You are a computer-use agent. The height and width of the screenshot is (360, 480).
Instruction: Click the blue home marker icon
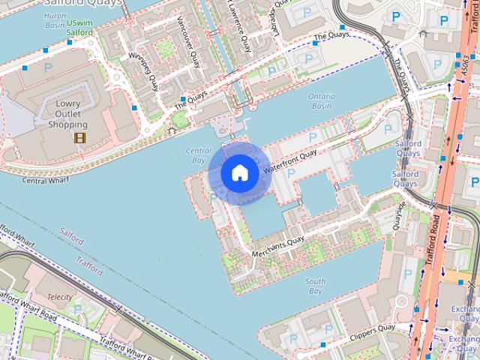pyautogui.click(x=239, y=172)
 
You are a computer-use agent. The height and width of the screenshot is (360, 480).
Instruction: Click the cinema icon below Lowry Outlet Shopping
pyautogui.click(x=79, y=137)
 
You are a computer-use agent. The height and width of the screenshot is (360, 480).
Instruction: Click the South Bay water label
pyautogui.click(x=315, y=286)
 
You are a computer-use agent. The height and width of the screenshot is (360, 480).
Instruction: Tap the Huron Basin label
pyautogui.click(x=55, y=19)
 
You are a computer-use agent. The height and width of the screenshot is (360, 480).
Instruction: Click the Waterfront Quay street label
pyautogui.click(x=291, y=161)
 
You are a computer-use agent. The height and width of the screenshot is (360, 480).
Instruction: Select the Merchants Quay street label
pyautogui.click(x=278, y=247)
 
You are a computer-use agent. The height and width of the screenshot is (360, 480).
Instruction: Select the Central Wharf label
pyautogui.click(x=45, y=180)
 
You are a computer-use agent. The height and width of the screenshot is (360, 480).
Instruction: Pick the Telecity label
pyautogui.click(x=60, y=297)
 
